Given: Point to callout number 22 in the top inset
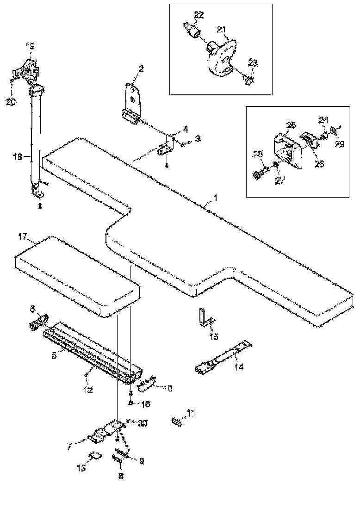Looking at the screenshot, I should pos(198,16).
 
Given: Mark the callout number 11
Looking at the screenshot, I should pos(191,412).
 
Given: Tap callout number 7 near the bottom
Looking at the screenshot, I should pos(69,447).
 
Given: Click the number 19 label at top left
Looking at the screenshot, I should pos(29,46).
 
